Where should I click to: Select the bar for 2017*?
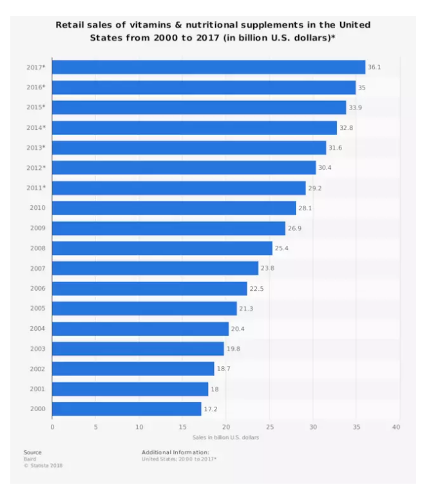tap(208, 67)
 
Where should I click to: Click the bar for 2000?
tap(126, 409)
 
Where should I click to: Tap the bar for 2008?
tap(162, 248)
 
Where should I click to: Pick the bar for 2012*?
tap(184, 167)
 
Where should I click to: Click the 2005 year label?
tap(37, 308)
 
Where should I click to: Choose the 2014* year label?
tap(36, 127)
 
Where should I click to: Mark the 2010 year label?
tap(37, 208)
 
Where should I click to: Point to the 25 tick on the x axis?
tap(269, 427)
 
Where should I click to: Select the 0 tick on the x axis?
tap(52, 427)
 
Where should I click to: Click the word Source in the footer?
tap(33, 452)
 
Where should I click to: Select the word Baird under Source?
tap(30, 459)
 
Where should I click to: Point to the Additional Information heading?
tap(175, 452)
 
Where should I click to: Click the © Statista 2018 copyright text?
tap(43, 465)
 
